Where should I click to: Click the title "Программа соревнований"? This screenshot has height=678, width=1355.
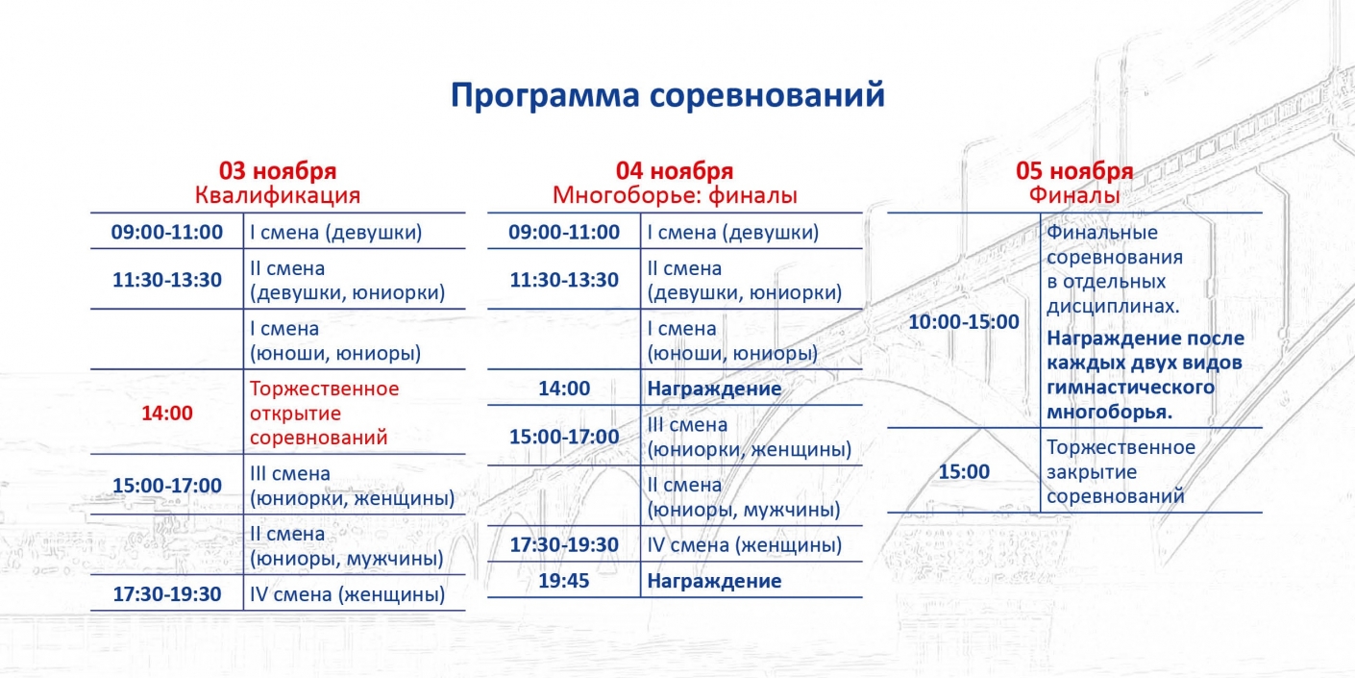tap(667, 95)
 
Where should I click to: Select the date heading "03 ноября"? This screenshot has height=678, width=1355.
tap(278, 171)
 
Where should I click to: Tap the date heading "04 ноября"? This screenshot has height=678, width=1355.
tap(675, 171)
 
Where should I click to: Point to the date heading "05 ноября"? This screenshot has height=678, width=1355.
tap(1074, 171)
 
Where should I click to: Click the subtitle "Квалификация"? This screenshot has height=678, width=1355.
tap(278, 195)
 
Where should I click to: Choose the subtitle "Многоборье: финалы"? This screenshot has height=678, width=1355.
tap(675, 195)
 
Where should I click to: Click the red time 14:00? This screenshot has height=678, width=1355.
tap(167, 413)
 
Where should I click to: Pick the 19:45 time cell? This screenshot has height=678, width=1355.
tap(564, 581)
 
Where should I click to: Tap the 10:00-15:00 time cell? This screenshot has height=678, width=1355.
tap(964, 321)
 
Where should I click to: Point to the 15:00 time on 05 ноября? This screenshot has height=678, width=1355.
tap(964, 471)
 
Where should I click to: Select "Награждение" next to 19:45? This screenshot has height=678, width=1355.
tap(714, 581)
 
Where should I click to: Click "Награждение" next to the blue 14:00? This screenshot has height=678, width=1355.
tap(714, 389)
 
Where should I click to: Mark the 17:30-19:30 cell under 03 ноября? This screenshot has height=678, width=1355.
tap(167, 594)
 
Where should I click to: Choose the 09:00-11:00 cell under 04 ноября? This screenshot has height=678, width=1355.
tap(564, 232)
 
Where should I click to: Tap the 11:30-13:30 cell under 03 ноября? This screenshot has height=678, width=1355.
tap(167, 280)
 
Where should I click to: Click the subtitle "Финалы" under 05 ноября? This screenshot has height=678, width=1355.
tap(1074, 195)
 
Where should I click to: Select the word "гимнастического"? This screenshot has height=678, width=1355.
tap(1130, 388)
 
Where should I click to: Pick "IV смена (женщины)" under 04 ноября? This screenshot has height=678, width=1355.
tap(745, 545)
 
